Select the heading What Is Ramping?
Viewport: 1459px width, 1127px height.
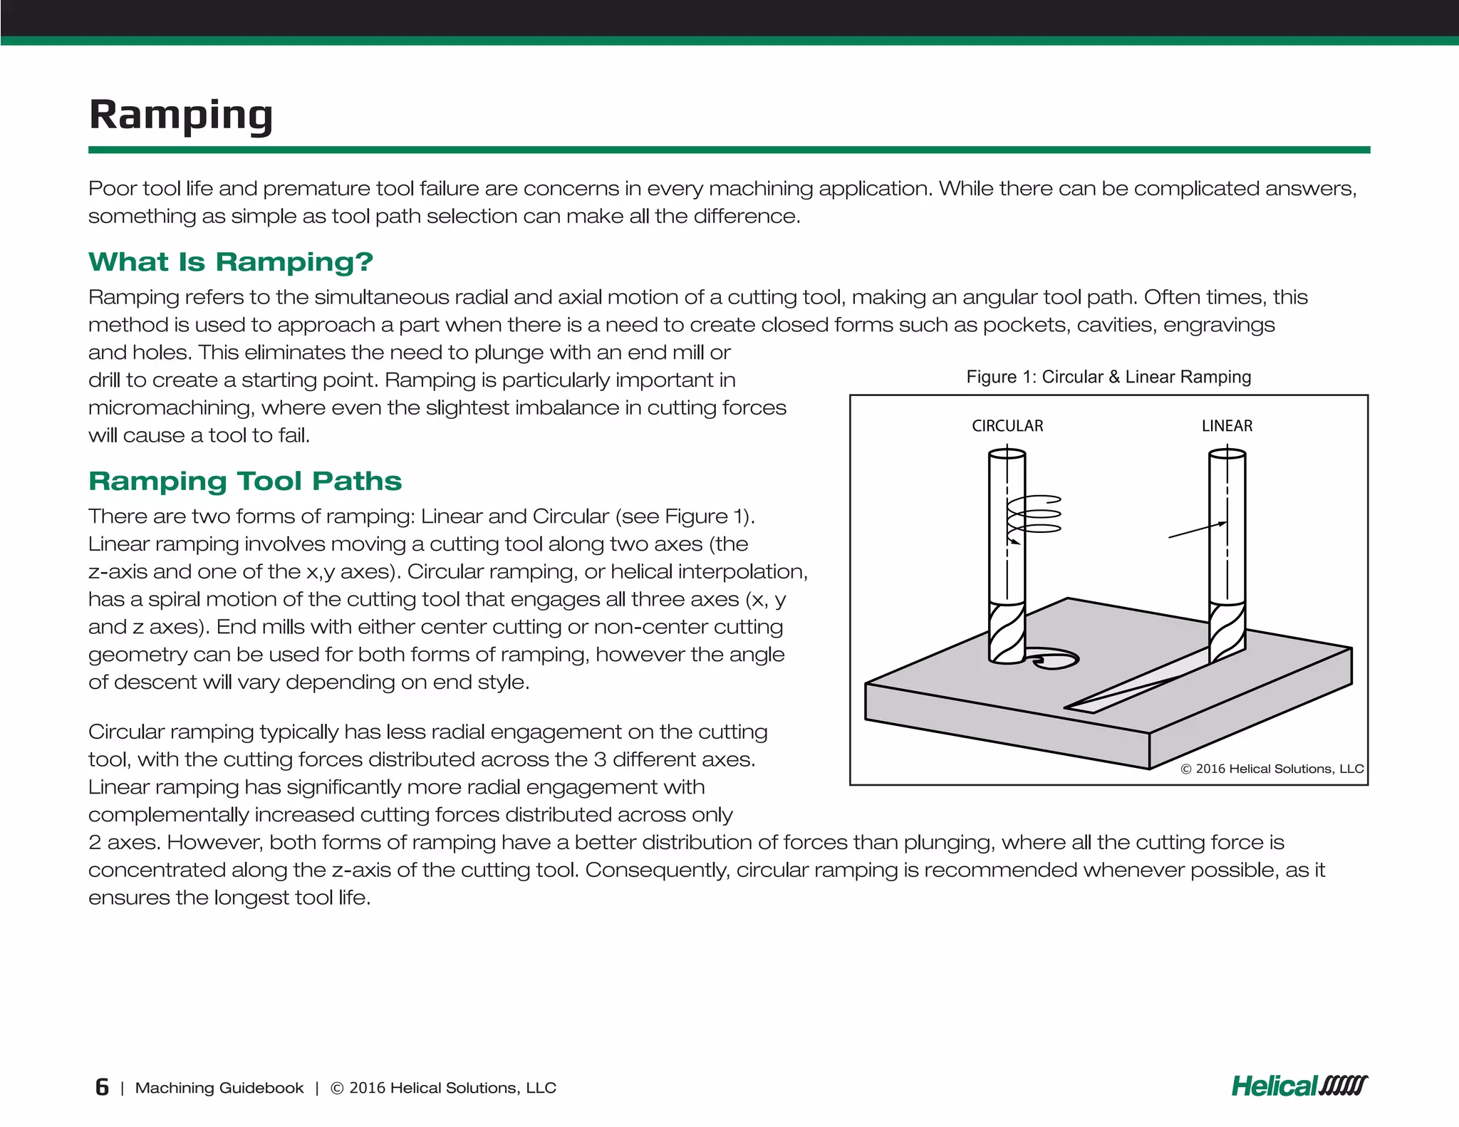[x=230, y=262]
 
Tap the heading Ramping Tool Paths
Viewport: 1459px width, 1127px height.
[x=245, y=482]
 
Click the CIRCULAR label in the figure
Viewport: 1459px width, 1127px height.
[x=1007, y=426]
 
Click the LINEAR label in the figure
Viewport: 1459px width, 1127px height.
[x=1226, y=426]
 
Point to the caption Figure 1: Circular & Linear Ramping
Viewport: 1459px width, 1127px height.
[x=1108, y=377]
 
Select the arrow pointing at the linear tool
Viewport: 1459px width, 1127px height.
[x=1196, y=530]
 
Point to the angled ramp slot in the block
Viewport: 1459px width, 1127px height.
[x=1126, y=689]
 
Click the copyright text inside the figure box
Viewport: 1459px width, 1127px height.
[x=1272, y=769]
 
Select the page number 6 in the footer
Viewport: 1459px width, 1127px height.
[x=102, y=1087]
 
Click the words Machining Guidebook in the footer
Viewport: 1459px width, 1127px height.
[x=219, y=1088]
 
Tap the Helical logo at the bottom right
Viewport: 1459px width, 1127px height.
[x=1299, y=1086]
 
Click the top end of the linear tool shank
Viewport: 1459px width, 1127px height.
[x=1227, y=455]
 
